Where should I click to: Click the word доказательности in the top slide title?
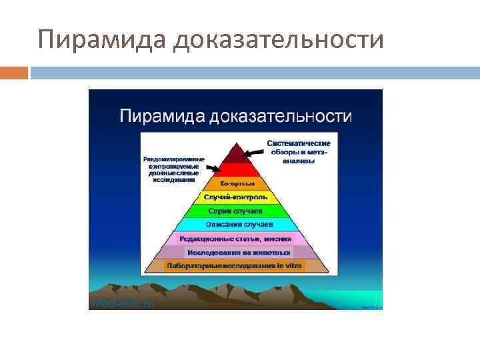click(279, 39)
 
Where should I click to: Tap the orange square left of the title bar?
click(14, 73)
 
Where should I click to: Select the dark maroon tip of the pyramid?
click(235, 155)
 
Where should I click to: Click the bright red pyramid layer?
click(235, 169)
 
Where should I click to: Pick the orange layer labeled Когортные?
click(235, 183)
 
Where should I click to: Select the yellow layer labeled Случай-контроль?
click(235, 197)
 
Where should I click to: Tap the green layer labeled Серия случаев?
click(235, 211)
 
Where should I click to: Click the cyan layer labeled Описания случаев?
click(235, 225)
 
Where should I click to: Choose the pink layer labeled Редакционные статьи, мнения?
click(235, 239)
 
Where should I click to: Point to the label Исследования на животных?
click(238, 253)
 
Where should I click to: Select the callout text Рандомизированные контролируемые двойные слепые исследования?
click(173, 169)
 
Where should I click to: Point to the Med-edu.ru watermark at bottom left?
click(123, 303)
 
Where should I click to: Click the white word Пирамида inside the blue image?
click(162, 117)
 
